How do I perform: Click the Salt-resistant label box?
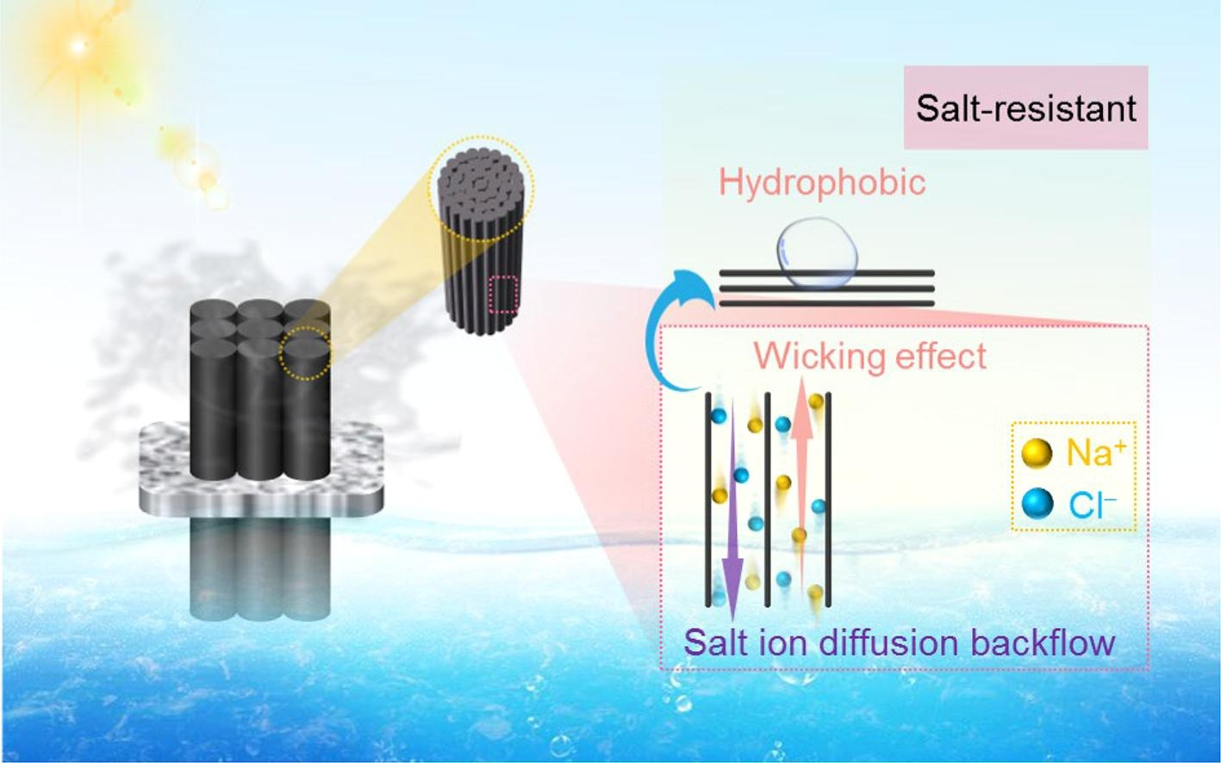coord(1025,108)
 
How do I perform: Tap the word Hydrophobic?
coord(822,182)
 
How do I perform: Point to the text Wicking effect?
coord(870,356)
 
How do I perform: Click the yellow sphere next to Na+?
coord(1037,453)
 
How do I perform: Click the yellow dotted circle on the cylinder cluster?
coord(306,355)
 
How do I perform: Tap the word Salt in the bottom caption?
coord(712,642)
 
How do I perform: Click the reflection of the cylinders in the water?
coord(259,568)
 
